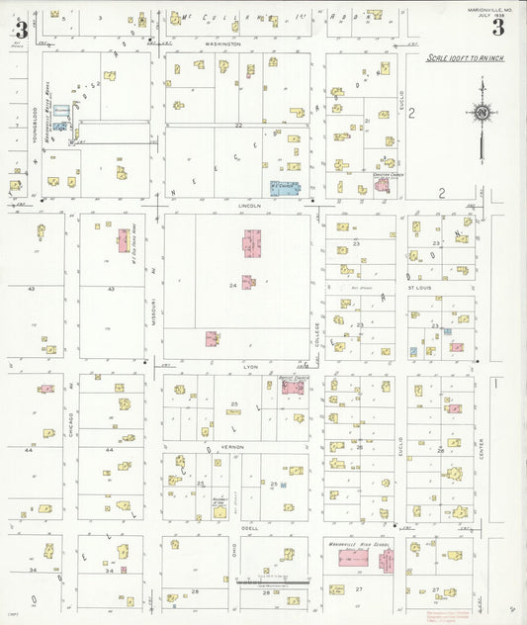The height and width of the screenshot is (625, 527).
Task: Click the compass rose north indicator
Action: pyautogui.click(x=482, y=115)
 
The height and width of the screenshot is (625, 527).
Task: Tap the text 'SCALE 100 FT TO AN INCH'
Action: pyautogui.click(x=465, y=59)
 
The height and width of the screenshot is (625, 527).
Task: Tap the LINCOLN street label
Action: pyautogui.click(x=249, y=206)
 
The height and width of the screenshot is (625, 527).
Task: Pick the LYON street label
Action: pyautogui.click(x=250, y=366)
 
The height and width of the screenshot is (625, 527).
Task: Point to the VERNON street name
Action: pyautogui.click(x=232, y=447)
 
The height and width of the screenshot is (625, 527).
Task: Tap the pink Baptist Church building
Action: pyautogui.click(x=293, y=388)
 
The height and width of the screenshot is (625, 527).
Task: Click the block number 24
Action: pyautogui.click(x=233, y=286)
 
